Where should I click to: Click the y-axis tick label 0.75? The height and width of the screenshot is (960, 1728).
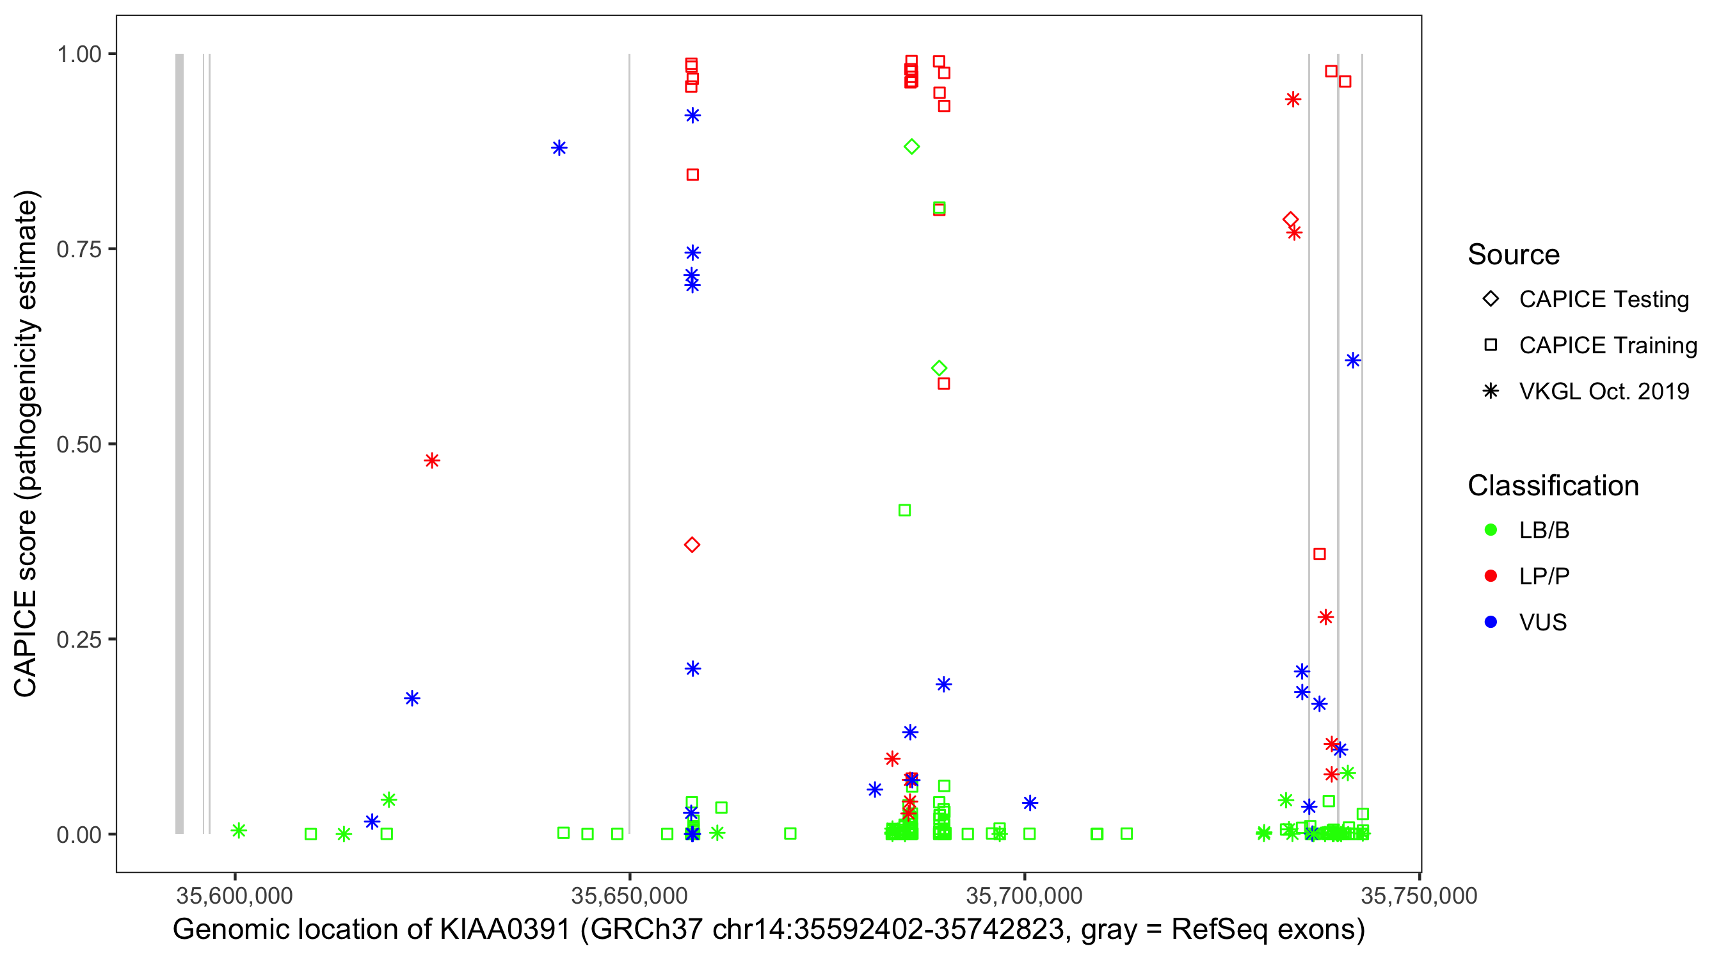(x=78, y=250)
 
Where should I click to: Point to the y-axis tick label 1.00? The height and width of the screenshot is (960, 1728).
(x=78, y=54)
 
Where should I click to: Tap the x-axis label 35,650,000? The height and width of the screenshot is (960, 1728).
(x=629, y=895)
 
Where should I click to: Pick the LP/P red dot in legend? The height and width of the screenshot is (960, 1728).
(x=1491, y=576)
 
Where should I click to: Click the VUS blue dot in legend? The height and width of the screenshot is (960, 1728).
(x=1491, y=623)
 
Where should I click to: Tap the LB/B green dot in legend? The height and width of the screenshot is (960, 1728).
(x=1491, y=530)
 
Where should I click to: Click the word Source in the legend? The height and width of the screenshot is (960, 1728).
(x=1514, y=255)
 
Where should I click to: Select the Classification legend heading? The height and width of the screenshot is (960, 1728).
(x=1553, y=486)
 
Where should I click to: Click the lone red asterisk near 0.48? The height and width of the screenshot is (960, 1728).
(x=432, y=461)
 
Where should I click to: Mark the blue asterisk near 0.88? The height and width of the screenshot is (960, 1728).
(x=559, y=148)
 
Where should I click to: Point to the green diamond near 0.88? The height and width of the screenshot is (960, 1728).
(x=911, y=147)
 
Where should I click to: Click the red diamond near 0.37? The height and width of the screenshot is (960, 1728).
(x=692, y=545)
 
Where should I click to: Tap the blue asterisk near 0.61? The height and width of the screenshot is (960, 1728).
(x=1352, y=361)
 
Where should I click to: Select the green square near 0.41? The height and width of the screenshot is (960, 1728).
(x=904, y=511)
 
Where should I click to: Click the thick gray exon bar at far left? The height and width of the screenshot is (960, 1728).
(x=179, y=443)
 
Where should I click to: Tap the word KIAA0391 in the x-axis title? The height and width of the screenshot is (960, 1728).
(x=504, y=930)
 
